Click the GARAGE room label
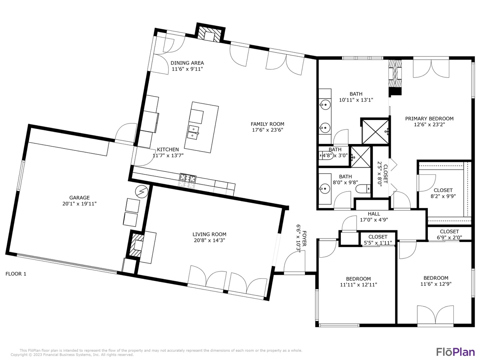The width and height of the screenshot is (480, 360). pyautogui.click(x=79, y=198)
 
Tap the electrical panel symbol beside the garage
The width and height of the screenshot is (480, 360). pyautogui.click(x=141, y=192)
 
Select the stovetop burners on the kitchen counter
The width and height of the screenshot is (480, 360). pyautogui.click(x=188, y=178)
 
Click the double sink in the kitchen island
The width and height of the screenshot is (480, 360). pyautogui.click(x=193, y=132)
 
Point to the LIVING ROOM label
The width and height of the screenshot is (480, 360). pyautogui.click(x=209, y=234)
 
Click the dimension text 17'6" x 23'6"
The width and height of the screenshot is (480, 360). pyautogui.click(x=267, y=130)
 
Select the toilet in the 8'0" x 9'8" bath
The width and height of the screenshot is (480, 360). pyautogui.click(x=363, y=189)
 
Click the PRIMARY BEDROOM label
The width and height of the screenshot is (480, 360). pyautogui.click(x=429, y=118)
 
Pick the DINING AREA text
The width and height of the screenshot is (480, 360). pyautogui.click(x=187, y=63)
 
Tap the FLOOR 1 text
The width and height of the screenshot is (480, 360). pyautogui.click(x=16, y=274)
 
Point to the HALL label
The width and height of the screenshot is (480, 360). pyautogui.click(x=374, y=213)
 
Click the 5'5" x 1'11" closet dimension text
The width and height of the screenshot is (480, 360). pyautogui.click(x=378, y=243)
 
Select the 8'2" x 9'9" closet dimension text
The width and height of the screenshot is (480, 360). pyautogui.click(x=443, y=196)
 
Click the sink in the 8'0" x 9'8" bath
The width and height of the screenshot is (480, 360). pyautogui.click(x=325, y=188)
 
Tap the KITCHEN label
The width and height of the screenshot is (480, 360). pyautogui.click(x=168, y=150)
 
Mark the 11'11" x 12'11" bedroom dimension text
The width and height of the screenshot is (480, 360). pyautogui.click(x=358, y=285)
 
